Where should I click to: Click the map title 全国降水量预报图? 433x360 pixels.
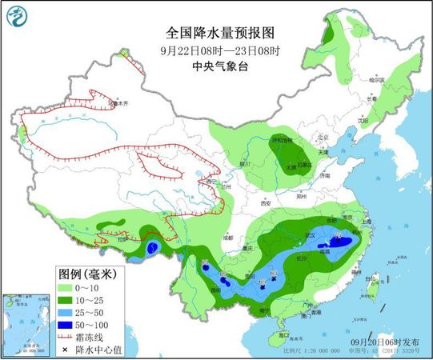point(220,34)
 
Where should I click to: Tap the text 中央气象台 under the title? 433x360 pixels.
point(220,67)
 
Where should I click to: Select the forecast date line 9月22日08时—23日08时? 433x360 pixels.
point(220,52)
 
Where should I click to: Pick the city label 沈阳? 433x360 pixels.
point(364,121)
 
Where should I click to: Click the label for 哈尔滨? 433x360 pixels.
point(377,80)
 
